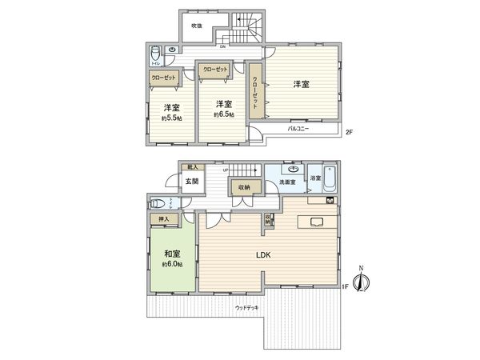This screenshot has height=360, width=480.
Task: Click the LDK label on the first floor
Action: [264, 256]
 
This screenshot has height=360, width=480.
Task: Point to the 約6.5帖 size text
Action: [223, 114]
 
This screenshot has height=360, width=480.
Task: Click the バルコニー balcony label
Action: [298, 129]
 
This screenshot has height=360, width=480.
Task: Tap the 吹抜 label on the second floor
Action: [196, 25]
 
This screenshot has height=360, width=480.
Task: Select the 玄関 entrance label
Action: [192, 182]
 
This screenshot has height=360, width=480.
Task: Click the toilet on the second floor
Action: [155, 55]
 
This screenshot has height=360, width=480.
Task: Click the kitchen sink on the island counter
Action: [314, 222]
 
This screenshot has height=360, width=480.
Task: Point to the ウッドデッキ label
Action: [247, 307]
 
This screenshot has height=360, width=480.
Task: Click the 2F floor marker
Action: [349, 131]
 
